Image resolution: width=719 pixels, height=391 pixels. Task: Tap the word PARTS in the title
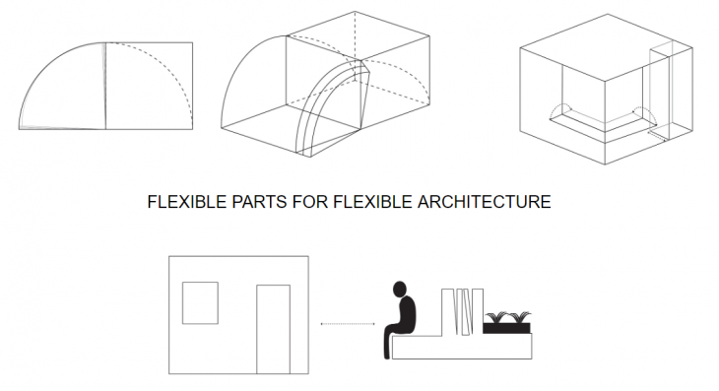pyautogui.click(x=259, y=202)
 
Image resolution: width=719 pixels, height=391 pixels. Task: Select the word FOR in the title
pyautogui.click(x=310, y=202)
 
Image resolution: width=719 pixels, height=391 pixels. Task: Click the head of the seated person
pyautogui.click(x=400, y=289)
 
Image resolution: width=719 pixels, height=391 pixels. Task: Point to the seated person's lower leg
pyautogui.click(x=387, y=345)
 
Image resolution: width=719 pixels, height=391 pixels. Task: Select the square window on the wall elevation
pyautogui.click(x=200, y=303)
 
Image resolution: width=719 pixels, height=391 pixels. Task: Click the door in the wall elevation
pyautogui.click(x=273, y=330)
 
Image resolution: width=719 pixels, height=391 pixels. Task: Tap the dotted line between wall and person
pyautogui.click(x=348, y=324)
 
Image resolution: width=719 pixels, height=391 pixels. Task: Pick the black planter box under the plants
pyautogui.click(x=506, y=328)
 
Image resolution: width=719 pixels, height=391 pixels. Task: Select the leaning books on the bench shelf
pyautogui.click(x=464, y=312)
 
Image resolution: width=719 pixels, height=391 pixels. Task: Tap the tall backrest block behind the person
pyautogui.click(x=447, y=311)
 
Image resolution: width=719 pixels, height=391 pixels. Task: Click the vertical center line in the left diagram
pyautogui.click(x=105, y=86)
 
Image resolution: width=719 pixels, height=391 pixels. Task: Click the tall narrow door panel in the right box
pyautogui.click(x=661, y=91)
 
